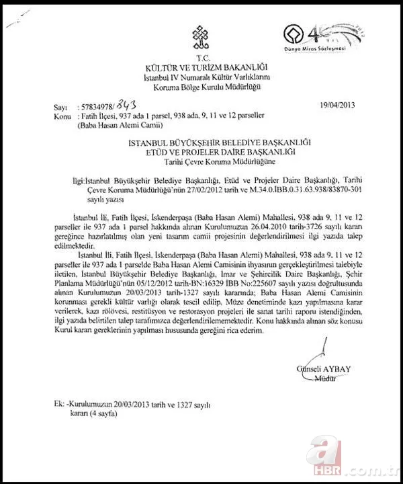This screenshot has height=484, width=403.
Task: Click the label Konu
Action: coord(61,116)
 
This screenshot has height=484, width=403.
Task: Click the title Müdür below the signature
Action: coord(325,378)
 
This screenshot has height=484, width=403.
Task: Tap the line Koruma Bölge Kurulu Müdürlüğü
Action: coord(201,87)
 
